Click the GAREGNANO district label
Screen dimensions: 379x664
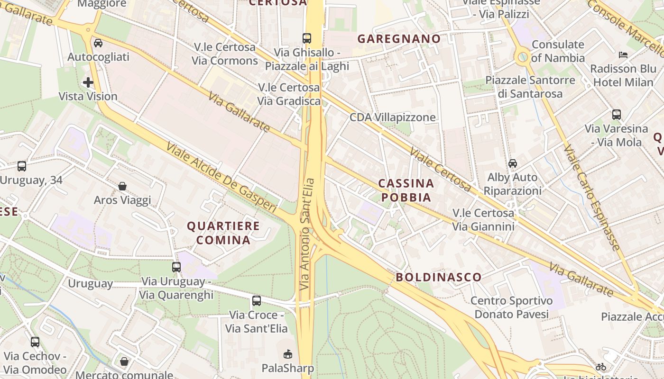pyautogui.click(x=399, y=39)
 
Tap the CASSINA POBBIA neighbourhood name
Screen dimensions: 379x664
pyautogui.click(x=406, y=190)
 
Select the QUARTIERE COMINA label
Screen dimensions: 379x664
pyautogui.click(x=223, y=233)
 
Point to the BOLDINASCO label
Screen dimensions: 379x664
pyautogui.click(x=439, y=277)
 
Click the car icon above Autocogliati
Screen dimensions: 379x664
pyautogui.click(x=98, y=43)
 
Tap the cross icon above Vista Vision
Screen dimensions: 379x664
pyautogui.click(x=88, y=82)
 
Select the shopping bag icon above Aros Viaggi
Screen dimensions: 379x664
pyautogui.click(x=122, y=186)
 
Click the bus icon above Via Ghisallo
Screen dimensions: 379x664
pyautogui.click(x=307, y=38)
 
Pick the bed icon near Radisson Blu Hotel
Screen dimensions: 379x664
pyautogui.click(x=623, y=55)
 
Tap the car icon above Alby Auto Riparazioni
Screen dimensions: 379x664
pyautogui.click(x=513, y=163)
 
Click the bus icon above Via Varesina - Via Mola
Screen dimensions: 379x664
pyautogui.click(x=617, y=114)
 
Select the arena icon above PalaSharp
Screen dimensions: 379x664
pyautogui.click(x=287, y=354)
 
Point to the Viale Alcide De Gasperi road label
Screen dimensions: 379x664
pyautogui.click(x=221, y=177)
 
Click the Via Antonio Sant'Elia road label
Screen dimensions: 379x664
pyautogui.click(x=307, y=234)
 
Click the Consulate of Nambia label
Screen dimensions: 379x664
pyautogui.click(x=558, y=51)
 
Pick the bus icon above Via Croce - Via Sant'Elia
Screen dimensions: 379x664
pyautogui.click(x=257, y=300)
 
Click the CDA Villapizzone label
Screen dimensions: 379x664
pyautogui.click(x=392, y=117)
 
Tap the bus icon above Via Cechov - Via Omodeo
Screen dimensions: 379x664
pyautogui.click(x=35, y=342)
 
